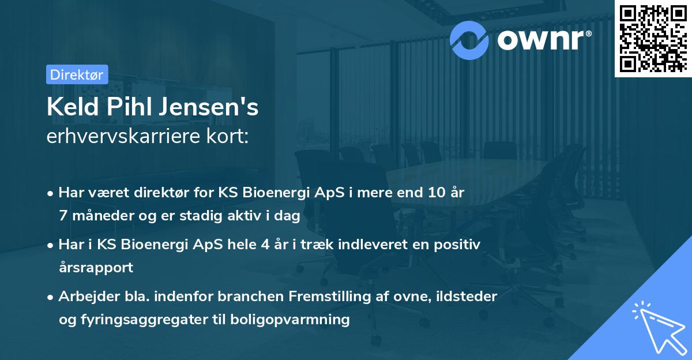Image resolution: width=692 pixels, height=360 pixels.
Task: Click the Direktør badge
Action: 76,74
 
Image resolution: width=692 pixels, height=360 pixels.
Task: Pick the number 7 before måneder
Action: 62,216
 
